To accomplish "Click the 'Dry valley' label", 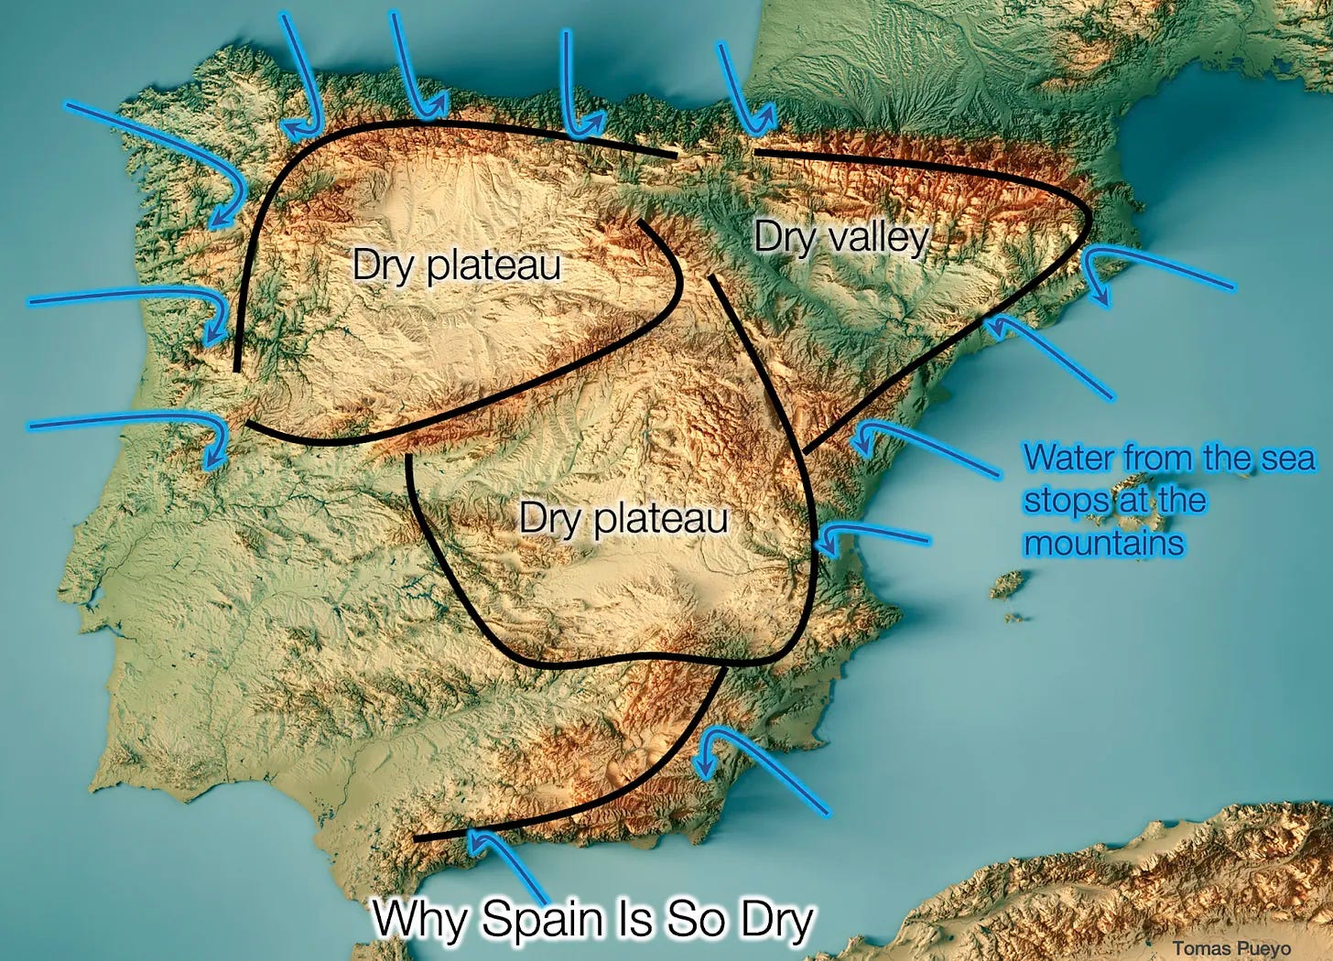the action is pos(840,238).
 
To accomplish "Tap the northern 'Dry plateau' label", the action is pos(456,265).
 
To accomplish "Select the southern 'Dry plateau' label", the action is pos(623,518).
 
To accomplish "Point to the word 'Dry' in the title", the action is pos(776,919).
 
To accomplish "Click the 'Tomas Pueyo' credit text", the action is pos(1231,948).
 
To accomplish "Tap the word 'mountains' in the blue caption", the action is pos(1103,544).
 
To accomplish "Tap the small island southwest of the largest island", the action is pos(1010,583).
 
